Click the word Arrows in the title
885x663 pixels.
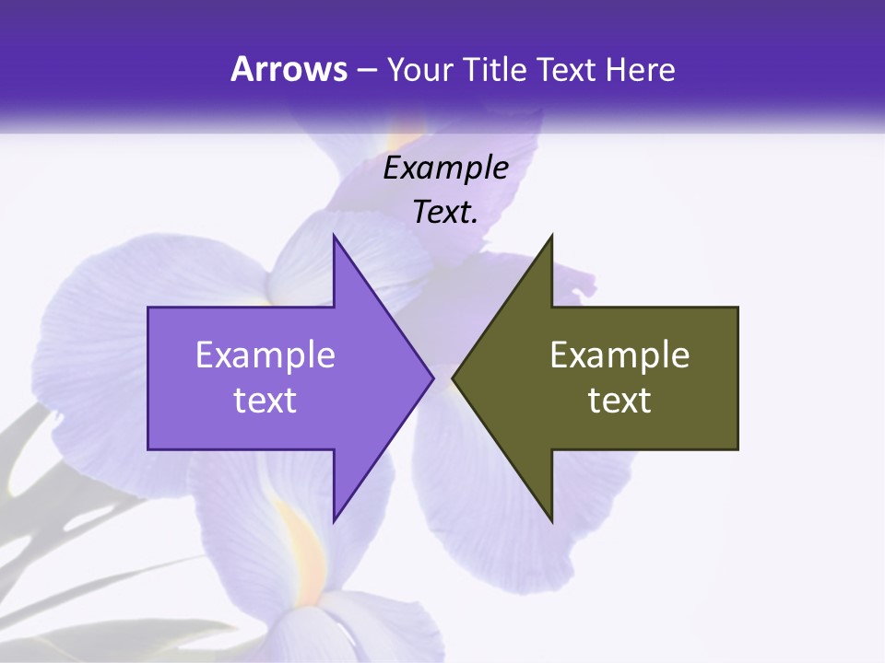pos(289,69)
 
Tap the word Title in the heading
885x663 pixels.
pos(495,70)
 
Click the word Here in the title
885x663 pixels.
pos(640,70)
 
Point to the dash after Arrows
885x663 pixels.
pos(367,71)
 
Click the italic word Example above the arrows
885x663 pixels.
pos(446,169)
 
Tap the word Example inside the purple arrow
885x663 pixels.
pos(265,355)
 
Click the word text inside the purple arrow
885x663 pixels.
pos(265,401)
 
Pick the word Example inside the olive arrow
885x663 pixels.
pos(619,355)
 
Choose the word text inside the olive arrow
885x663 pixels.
pos(619,401)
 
